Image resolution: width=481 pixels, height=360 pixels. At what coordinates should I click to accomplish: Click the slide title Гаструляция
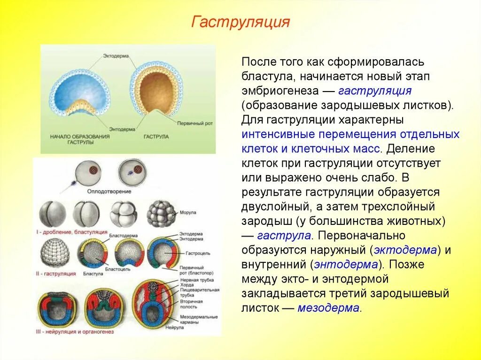point(240,22)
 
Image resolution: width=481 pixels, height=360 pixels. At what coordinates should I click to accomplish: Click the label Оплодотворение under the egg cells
point(109,191)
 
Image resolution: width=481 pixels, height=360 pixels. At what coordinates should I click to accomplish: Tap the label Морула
point(187,213)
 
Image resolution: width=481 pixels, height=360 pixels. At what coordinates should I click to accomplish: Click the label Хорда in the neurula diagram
point(186,284)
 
